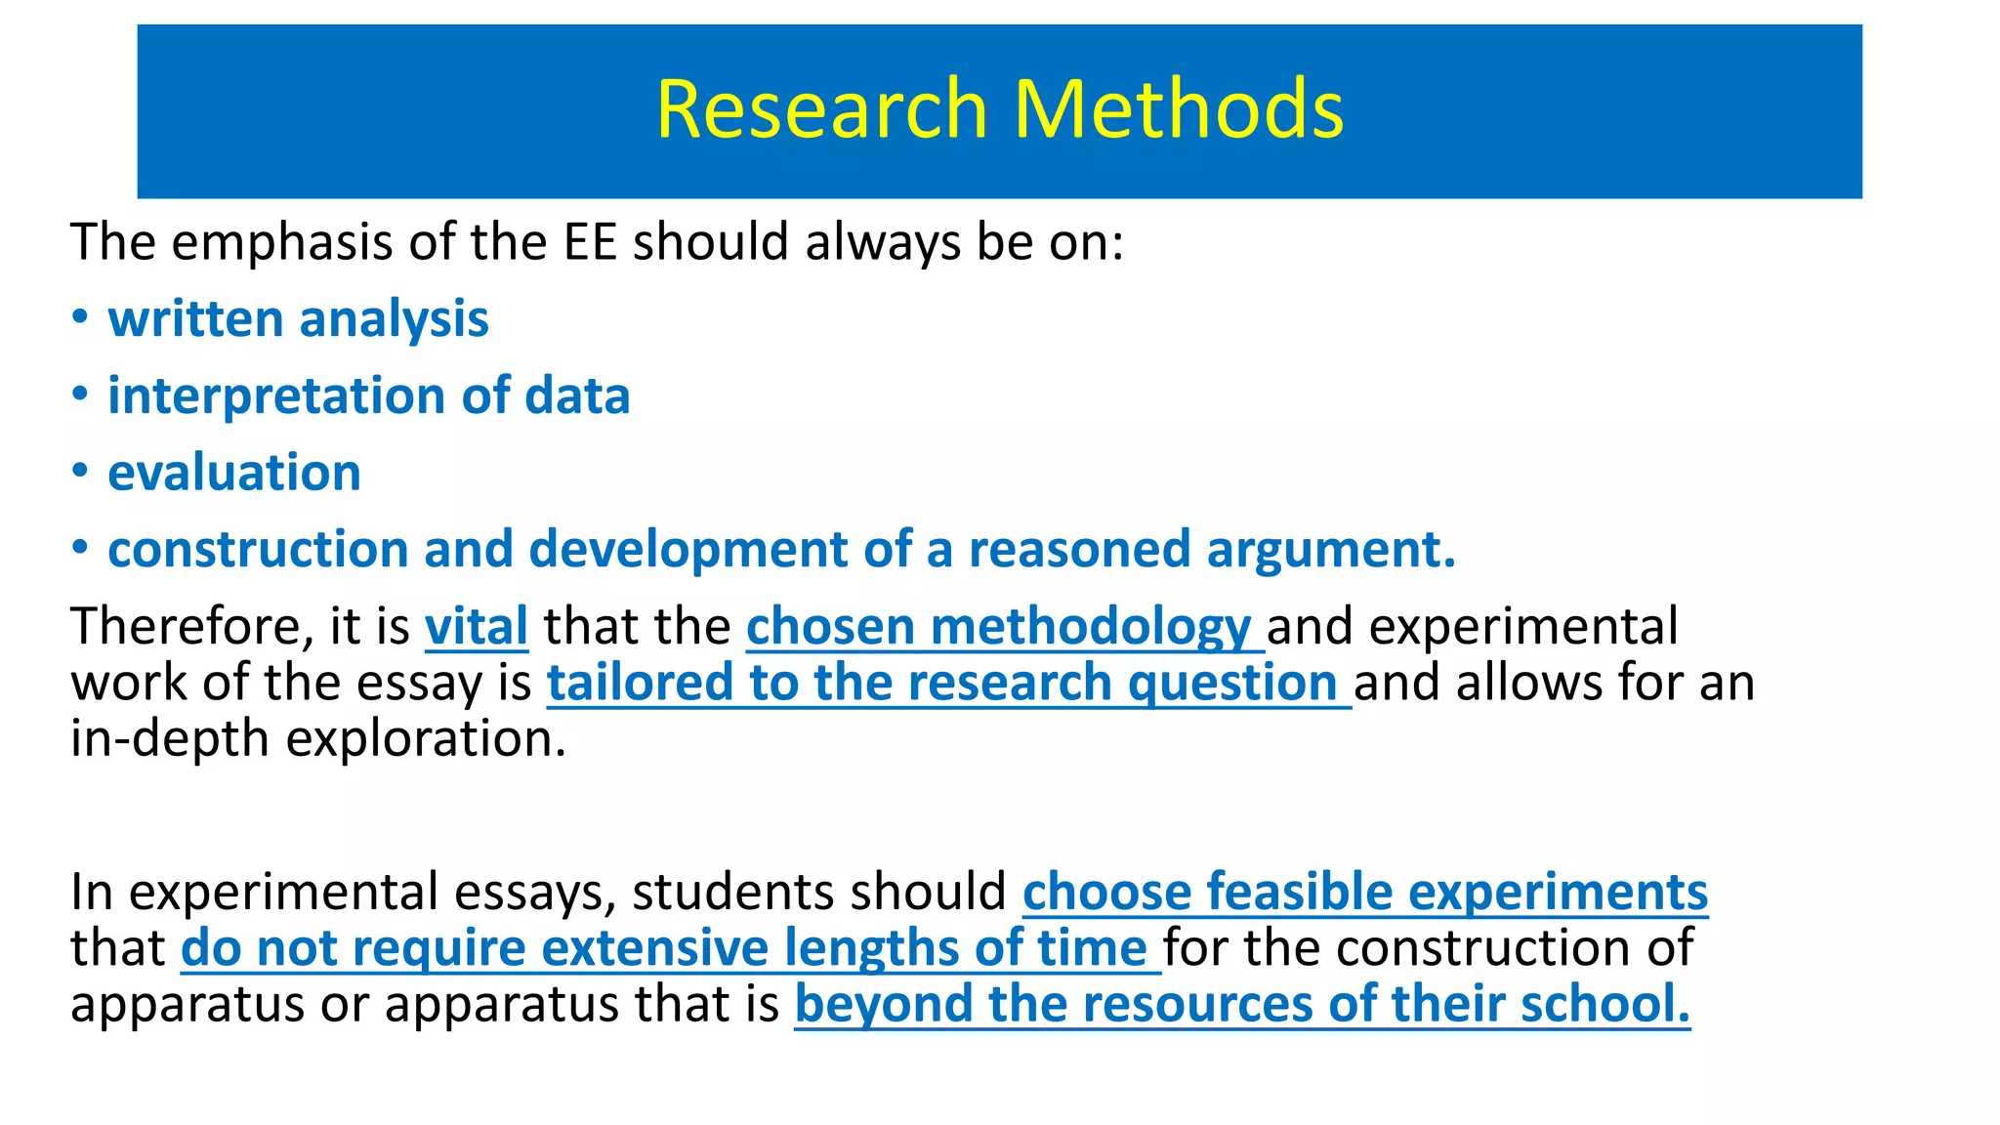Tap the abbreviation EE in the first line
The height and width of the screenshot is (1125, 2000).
tap(590, 241)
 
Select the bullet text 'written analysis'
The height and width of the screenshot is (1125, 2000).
tap(298, 319)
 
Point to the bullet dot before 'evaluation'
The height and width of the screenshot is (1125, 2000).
tap(80, 471)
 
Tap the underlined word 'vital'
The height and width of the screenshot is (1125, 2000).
tap(477, 626)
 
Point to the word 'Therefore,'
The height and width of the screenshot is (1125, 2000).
tap(191, 626)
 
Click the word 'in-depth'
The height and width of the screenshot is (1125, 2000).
tap(170, 739)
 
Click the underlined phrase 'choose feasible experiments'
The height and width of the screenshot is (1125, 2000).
tap(1364, 892)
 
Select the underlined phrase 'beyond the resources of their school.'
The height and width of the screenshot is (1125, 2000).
tap(1241, 1004)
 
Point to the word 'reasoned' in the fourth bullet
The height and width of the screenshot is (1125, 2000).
tap(1080, 549)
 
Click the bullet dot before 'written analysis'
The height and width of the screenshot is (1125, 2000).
tap(80, 316)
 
